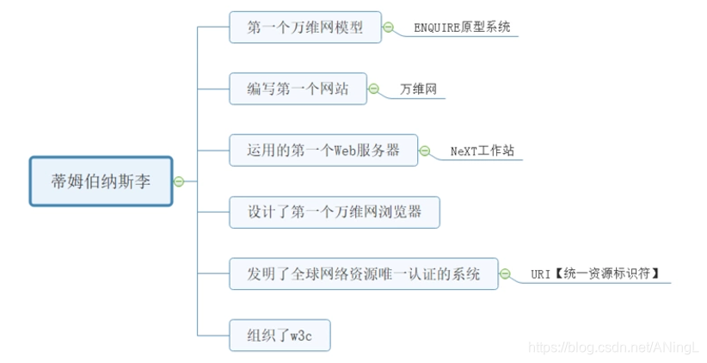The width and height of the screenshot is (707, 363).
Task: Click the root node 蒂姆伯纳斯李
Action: coord(101,181)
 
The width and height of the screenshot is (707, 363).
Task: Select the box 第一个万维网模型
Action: coord(304,28)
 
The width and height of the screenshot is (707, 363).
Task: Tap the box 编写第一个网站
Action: coord(298,89)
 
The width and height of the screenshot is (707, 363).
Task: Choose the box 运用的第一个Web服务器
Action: coord(323,151)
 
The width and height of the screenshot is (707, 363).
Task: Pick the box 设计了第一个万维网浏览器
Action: coord(335,212)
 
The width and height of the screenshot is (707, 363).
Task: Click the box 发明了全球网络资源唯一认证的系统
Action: coord(364,274)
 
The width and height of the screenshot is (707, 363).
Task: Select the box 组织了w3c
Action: coord(280,335)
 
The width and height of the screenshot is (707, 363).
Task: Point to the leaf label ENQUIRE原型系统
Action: coord(462,28)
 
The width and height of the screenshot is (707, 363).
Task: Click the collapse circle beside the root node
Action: coord(179,181)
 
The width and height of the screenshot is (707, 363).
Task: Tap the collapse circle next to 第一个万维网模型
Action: coord(388,28)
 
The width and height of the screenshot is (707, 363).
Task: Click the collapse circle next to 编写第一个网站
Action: coord(374,89)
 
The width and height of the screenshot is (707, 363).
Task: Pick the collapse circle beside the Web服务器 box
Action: coord(424,151)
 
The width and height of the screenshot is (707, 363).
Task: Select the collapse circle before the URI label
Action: coord(506,274)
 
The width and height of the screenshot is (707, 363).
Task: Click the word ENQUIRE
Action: coord(439,28)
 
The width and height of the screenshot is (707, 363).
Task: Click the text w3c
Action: coord(298,335)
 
